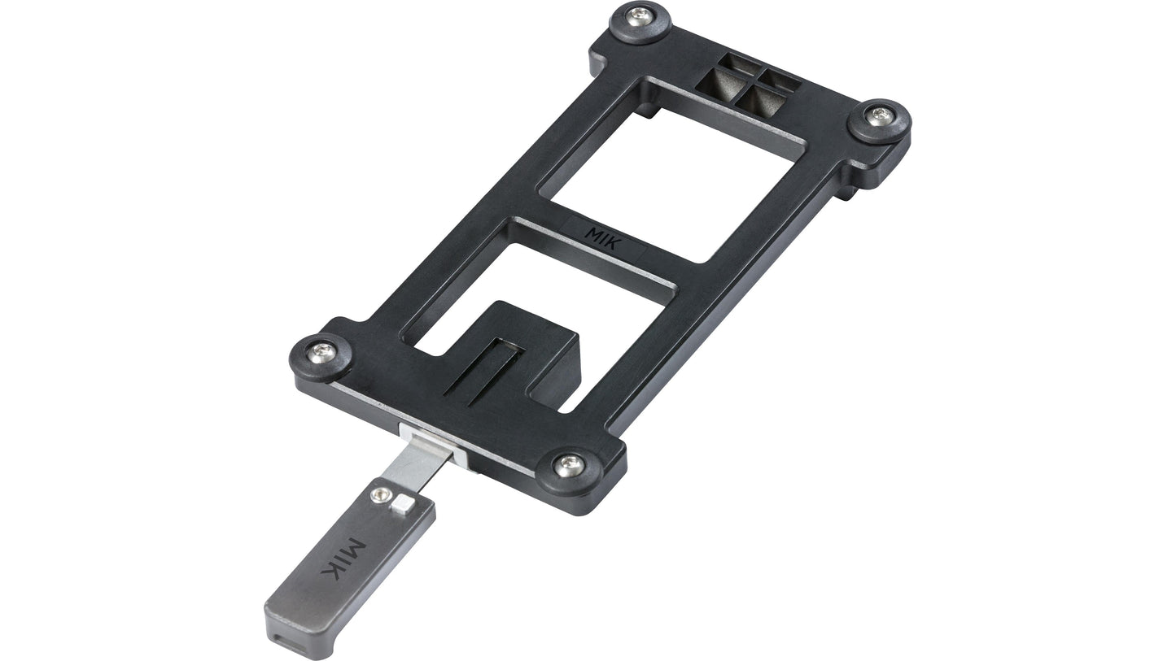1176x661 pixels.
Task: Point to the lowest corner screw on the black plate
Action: click(x=569, y=465)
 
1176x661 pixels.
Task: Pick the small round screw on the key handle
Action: click(x=378, y=494)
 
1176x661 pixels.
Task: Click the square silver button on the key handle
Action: click(x=400, y=506)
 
